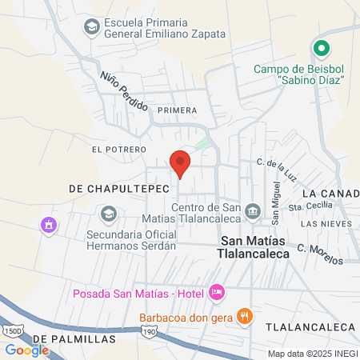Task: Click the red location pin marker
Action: tap(180, 163)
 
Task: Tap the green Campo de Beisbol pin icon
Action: tap(321, 49)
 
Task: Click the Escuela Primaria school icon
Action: tap(91, 27)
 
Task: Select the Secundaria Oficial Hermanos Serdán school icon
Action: tap(108, 214)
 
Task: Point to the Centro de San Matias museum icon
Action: tap(254, 211)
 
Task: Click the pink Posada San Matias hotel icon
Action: tap(215, 293)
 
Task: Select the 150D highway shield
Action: tap(13, 330)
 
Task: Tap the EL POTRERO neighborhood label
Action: tap(119, 150)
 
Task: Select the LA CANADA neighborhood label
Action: tap(330, 194)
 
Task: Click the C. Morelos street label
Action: tap(320, 254)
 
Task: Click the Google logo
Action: tap(26, 350)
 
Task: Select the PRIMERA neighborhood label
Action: tap(177, 110)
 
